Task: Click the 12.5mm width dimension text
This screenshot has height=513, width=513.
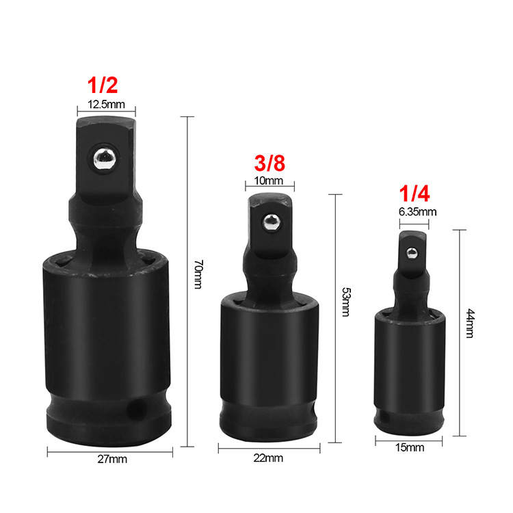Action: [x=106, y=105]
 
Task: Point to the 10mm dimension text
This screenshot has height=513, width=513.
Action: [x=269, y=181]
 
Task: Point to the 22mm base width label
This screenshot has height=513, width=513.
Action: [x=269, y=458]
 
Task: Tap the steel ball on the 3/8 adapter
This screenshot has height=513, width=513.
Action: [x=271, y=222]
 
